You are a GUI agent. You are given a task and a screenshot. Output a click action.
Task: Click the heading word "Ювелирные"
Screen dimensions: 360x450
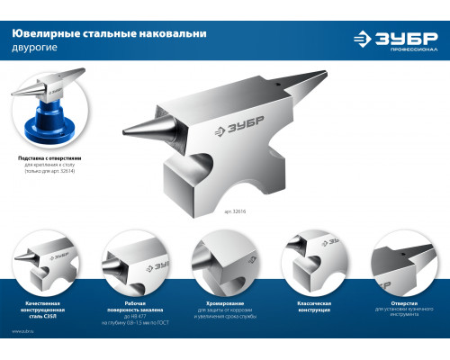pyautogui.click(x=41, y=33)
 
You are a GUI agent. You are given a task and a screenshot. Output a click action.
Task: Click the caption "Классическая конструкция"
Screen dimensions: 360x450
pyautogui.click(x=307, y=307)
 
